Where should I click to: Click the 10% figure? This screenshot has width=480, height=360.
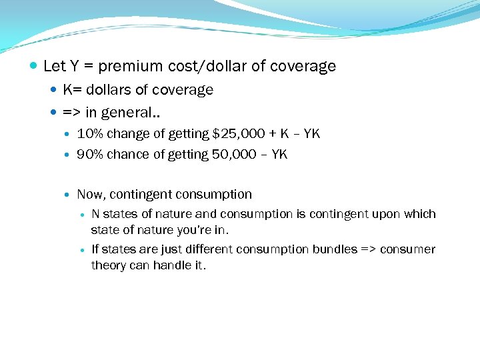(89, 134)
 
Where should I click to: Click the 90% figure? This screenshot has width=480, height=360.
(89, 155)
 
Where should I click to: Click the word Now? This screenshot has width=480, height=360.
(90, 195)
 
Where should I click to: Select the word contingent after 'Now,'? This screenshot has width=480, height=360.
(138, 195)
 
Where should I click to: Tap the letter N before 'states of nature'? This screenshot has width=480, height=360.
(95, 214)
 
